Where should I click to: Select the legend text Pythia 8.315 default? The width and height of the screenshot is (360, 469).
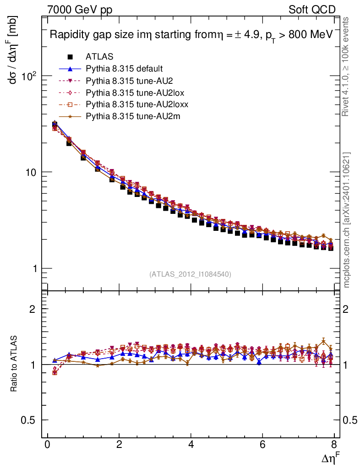[124, 69]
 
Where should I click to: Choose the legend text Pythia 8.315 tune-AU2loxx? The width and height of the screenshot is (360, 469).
[133, 105]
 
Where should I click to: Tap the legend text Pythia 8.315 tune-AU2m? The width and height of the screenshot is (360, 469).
[129, 117]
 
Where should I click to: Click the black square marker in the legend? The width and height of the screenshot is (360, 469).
[70, 57]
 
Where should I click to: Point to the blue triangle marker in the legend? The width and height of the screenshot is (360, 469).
[70, 69]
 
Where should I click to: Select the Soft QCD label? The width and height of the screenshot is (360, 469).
[312, 10]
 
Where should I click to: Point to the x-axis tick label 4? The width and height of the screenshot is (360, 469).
[191, 445]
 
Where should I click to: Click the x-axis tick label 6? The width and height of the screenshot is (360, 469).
[263, 445]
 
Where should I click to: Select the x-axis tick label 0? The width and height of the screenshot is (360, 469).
[47, 445]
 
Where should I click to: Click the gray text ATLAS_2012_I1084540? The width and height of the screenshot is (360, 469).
[190, 274]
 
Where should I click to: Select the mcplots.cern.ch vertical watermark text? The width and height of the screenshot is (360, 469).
[347, 220]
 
